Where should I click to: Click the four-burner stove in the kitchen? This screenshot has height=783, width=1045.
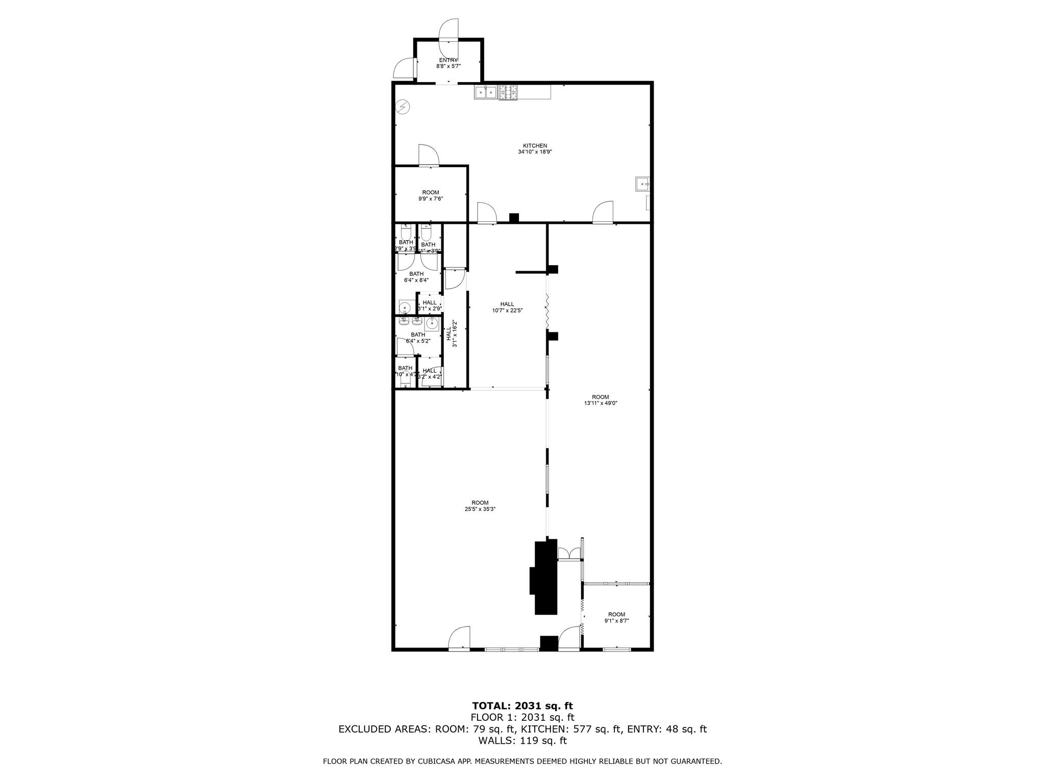click(x=508, y=92)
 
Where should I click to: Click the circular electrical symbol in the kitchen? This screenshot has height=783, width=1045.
click(x=403, y=107)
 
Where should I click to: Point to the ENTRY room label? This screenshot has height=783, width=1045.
click(x=448, y=60)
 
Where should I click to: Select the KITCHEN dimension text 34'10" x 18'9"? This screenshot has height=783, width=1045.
click(x=535, y=152)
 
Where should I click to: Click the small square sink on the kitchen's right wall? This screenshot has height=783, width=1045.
click(x=641, y=184)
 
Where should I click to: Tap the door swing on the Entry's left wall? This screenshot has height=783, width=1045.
click(x=406, y=68)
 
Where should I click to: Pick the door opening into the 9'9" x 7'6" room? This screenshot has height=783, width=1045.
click(x=428, y=155)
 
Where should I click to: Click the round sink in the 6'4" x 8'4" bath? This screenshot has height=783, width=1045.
click(x=405, y=307)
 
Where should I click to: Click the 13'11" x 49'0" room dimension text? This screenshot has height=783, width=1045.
click(x=601, y=403)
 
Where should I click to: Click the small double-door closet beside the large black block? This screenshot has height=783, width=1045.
click(x=568, y=554)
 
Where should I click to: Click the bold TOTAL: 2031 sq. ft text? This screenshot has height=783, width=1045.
click(x=522, y=706)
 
